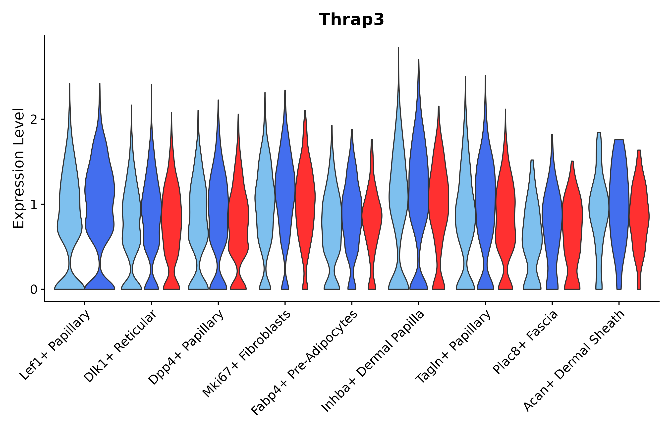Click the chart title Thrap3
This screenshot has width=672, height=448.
pyautogui.click(x=351, y=20)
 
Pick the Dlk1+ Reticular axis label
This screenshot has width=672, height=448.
pyautogui.click(x=120, y=346)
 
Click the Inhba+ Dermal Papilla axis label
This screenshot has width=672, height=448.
pyautogui.click(x=373, y=361)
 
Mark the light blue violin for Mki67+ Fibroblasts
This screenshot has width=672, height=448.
pyautogui.click(x=265, y=200)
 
